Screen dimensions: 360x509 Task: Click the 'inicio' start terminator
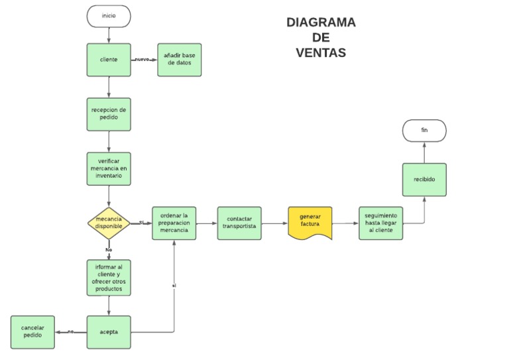109,16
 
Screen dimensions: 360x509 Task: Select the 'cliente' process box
109,60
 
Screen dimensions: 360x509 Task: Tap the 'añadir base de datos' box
179,60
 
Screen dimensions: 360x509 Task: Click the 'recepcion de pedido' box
109,114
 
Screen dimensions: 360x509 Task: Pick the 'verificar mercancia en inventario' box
109,168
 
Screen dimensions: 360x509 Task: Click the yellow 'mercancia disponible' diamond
109,223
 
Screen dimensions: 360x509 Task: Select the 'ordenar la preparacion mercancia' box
174,223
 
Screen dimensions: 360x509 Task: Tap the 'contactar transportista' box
239,223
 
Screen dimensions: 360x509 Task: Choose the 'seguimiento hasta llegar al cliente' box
380,223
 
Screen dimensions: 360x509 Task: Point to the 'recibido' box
424,180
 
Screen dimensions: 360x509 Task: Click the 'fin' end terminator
424,131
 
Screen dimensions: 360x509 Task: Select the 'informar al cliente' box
109,277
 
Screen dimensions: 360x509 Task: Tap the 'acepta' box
109,332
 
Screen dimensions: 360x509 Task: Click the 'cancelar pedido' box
32,332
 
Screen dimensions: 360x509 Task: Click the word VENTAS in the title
321,53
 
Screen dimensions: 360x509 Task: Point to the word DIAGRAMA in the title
321,23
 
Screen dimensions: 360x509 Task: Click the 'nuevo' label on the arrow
142,60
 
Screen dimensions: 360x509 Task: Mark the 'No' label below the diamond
109,249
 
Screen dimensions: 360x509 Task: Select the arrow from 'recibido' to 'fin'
424,152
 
